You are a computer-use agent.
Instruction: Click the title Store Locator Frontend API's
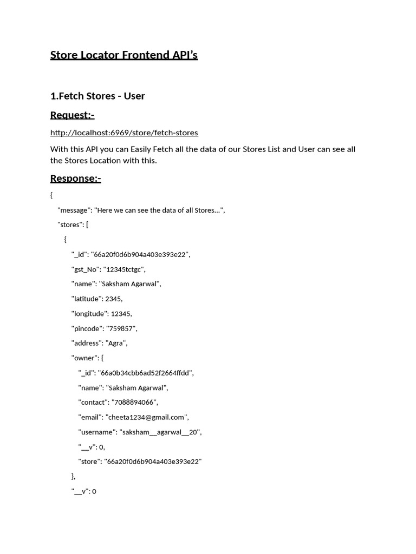[123, 55]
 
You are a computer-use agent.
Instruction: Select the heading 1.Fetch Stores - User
[97, 96]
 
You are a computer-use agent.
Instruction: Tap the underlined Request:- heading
[72, 115]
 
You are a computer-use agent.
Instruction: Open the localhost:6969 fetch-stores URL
[124, 133]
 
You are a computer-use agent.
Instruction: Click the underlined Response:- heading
[75, 179]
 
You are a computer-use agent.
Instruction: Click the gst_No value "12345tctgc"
[125, 269]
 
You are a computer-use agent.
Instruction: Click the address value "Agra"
[115, 343]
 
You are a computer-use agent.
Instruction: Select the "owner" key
[84, 358]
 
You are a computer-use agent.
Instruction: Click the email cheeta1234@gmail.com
[147, 417]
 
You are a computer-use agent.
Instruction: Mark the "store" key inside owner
[89, 461]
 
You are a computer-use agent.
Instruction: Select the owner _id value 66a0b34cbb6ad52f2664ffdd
[145, 373]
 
